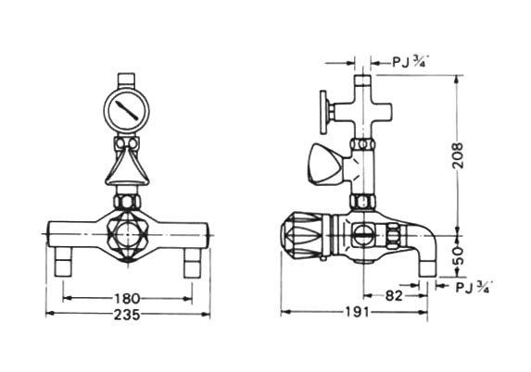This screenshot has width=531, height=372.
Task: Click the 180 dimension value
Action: pos(126,298)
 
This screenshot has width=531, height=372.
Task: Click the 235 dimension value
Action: pos(127,315)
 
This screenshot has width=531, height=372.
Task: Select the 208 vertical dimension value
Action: pos(458,155)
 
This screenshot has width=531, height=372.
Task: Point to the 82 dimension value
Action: pos(394,295)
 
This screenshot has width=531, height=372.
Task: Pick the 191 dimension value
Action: pos(358,312)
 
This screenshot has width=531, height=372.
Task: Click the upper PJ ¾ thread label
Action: pos(408,62)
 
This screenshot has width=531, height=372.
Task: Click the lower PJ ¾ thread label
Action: pos(473,287)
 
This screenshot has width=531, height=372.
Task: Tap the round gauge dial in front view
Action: pos(127,109)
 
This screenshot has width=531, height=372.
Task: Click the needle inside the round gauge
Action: pos(127,109)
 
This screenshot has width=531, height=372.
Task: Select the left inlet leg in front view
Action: pos(63,262)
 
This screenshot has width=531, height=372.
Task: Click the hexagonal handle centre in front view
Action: pos(127,233)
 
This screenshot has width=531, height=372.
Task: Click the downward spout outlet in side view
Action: pos(427,267)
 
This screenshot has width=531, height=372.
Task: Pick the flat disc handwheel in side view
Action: pos(324,112)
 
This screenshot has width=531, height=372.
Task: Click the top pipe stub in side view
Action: pos(362,81)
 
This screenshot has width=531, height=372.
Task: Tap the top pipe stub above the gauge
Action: pos(127,81)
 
